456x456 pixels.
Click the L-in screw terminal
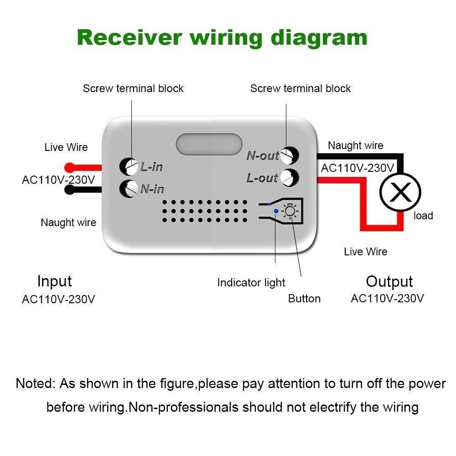[130, 166]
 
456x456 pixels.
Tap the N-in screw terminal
[129, 188]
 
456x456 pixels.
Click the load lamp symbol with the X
[401, 192]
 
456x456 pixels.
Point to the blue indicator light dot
[275, 211]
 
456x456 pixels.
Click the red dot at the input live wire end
[69, 167]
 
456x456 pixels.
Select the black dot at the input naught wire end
[69, 190]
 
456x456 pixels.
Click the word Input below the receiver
[54, 281]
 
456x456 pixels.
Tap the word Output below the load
[389, 282]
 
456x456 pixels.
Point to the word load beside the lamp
[423, 216]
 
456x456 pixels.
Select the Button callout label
[304, 299]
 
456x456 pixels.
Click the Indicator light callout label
[251, 283]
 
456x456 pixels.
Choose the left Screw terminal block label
[133, 88]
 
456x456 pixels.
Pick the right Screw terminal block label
[301, 88]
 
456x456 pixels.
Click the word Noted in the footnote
[34, 383]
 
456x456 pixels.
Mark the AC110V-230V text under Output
[387, 298]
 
